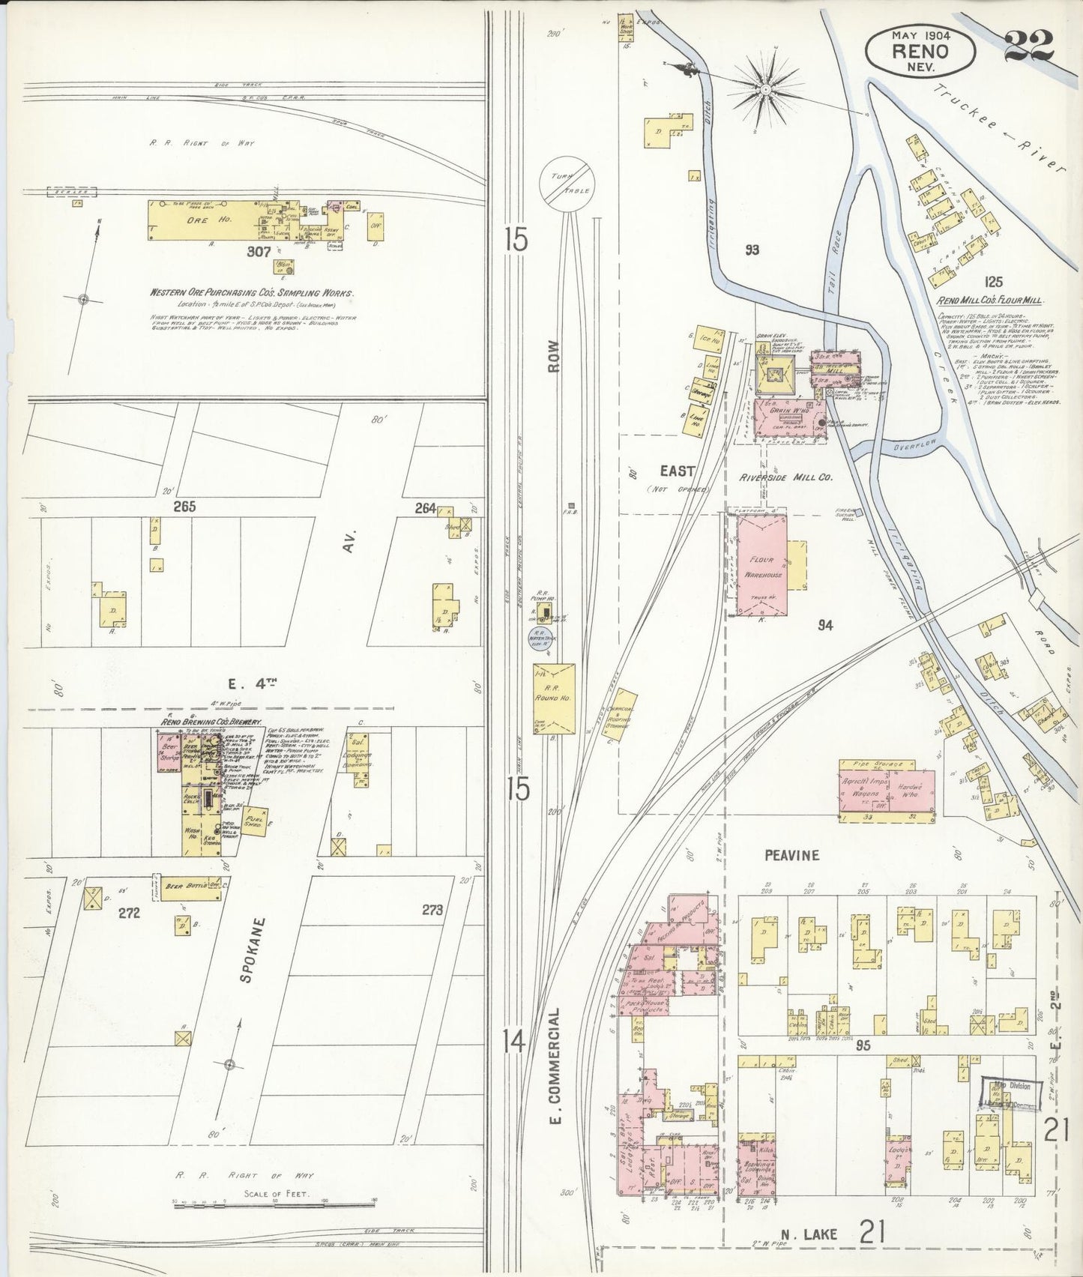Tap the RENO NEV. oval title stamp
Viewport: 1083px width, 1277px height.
coord(920,50)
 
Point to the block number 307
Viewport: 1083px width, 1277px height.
coord(259,253)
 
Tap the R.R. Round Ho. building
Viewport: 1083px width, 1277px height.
coord(555,698)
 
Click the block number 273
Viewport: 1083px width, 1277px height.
coord(432,910)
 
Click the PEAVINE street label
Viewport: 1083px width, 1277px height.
coord(791,855)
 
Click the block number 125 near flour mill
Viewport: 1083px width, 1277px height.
coord(994,283)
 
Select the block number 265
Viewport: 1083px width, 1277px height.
coord(184,507)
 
